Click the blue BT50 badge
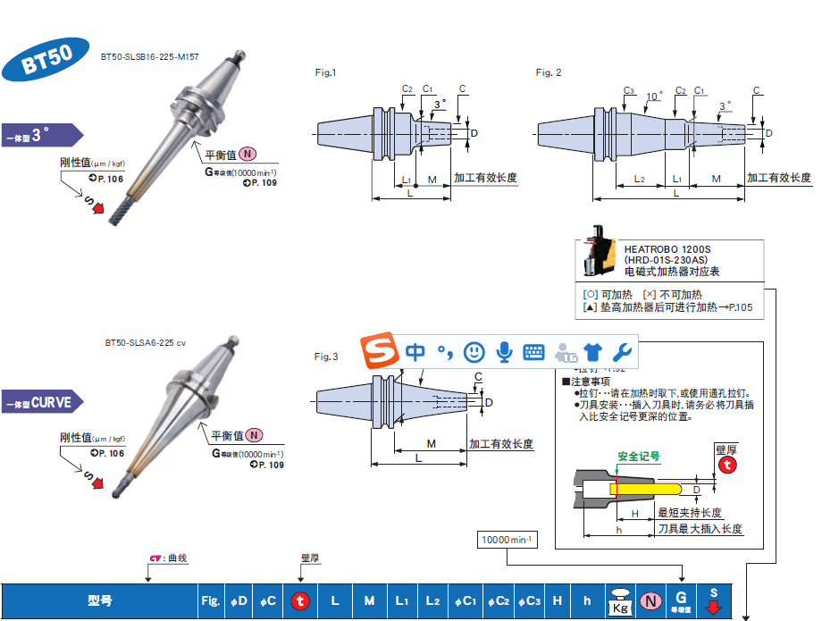pyautogui.click(x=46, y=61)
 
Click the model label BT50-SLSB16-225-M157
pyautogui.click(x=148, y=57)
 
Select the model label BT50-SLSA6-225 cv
pyautogui.click(x=145, y=343)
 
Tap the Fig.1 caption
pyautogui.click(x=326, y=72)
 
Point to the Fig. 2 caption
pyautogui.click(x=549, y=72)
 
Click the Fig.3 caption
pyautogui.click(x=326, y=357)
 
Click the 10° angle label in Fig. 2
pyautogui.click(x=654, y=95)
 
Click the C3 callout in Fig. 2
pyautogui.click(x=629, y=91)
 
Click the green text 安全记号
pyautogui.click(x=639, y=456)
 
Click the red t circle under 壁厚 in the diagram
pyautogui.click(x=729, y=465)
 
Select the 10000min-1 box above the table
pyautogui.click(x=507, y=541)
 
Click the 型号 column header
pyautogui.click(x=100, y=601)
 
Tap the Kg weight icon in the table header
pyautogui.click(x=619, y=601)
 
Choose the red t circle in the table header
pyautogui.click(x=300, y=601)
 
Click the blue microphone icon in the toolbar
pyautogui.click(x=504, y=352)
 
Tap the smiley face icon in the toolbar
pyautogui.click(x=474, y=352)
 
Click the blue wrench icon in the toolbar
pyautogui.click(x=623, y=352)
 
